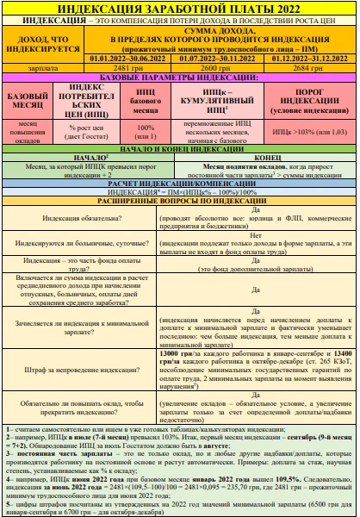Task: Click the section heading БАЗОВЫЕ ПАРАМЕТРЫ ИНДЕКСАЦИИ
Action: [179, 77]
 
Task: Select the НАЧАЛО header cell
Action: [90, 158]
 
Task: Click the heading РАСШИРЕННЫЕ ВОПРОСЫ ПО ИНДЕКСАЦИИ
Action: [179, 200]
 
